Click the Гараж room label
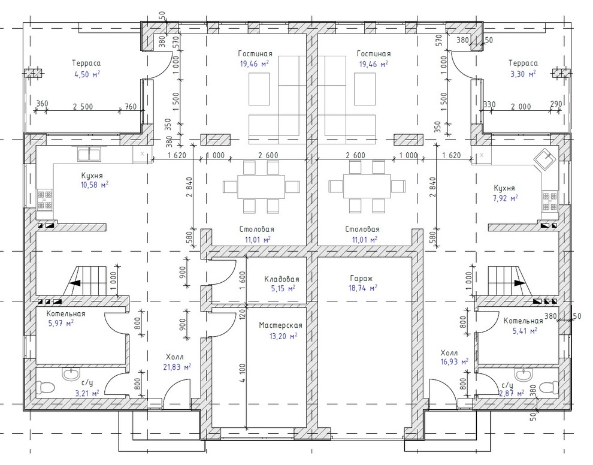click(361, 279)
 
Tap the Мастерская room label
click(280, 325)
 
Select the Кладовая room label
click(282, 279)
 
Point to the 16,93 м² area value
click(454, 362)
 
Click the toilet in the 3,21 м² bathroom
click(46, 387)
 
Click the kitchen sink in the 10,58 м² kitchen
click(89, 153)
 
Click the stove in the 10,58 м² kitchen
click(45, 200)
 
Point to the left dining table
click(261, 186)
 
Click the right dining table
click(367, 186)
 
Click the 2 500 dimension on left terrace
click(83, 107)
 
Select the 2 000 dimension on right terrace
click(521, 107)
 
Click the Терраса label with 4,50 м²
click(87, 63)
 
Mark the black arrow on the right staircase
click(519, 283)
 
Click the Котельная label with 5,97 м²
click(66, 313)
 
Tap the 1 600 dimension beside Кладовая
click(243, 280)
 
